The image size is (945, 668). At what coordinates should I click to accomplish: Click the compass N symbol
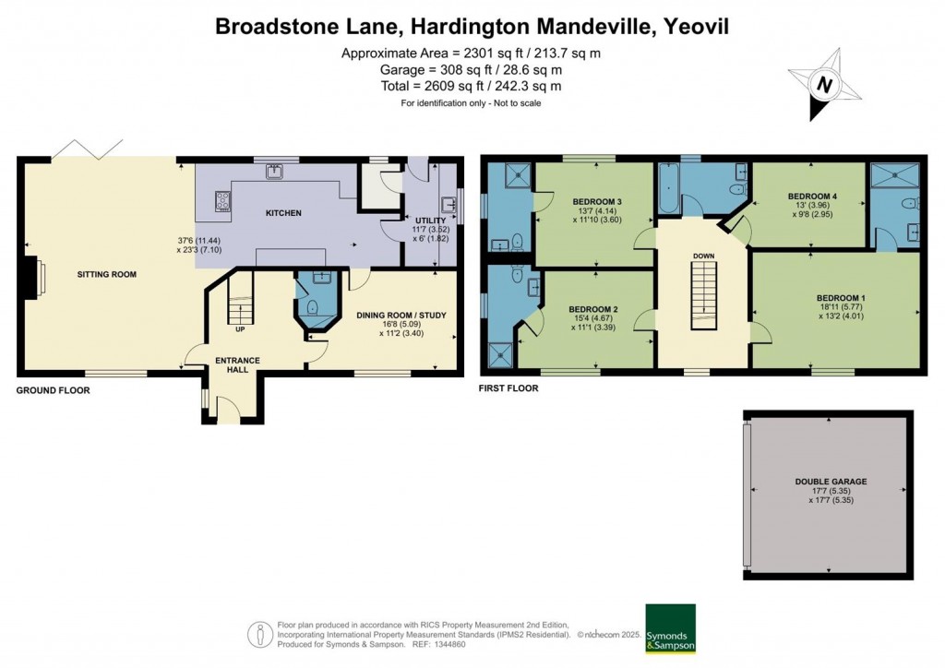[824, 84]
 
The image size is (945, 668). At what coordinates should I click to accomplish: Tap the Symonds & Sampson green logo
[670, 629]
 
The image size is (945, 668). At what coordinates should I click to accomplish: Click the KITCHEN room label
[283, 212]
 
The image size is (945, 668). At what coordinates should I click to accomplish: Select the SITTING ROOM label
[107, 274]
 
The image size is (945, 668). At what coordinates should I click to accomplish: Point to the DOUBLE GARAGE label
[831, 482]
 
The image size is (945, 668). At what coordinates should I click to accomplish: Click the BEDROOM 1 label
[841, 298]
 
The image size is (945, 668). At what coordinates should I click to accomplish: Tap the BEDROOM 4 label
[812, 196]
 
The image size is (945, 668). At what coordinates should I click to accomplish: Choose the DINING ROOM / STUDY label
[401, 315]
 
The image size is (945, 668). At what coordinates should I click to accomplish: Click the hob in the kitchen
[223, 200]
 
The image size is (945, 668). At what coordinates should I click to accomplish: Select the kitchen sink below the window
[276, 173]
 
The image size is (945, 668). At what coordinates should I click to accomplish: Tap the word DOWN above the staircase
[703, 256]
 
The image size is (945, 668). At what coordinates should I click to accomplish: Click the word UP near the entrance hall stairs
[240, 329]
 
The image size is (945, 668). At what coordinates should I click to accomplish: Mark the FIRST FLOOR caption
[508, 388]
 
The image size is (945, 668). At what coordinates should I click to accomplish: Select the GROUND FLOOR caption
[53, 390]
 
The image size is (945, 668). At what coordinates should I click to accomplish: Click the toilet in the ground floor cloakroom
[312, 309]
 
